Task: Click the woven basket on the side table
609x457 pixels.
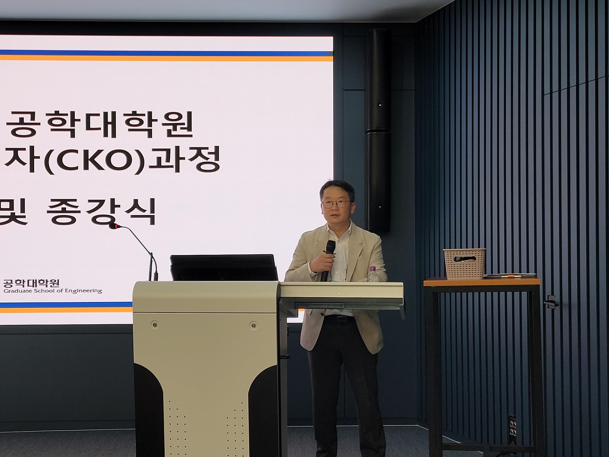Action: point(464,263)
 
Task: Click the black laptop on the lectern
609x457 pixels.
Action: point(224,268)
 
